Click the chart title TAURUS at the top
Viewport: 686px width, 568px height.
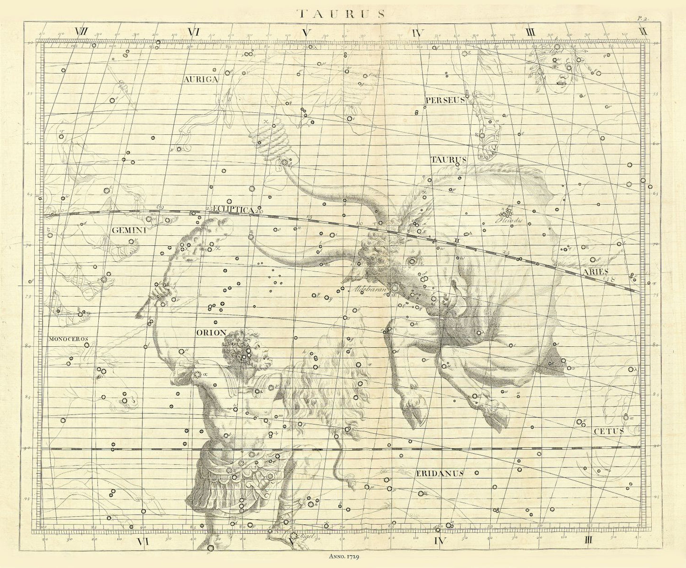(x=340, y=13)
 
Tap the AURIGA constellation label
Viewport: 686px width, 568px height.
(x=201, y=80)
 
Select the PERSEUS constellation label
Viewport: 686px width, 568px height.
(x=444, y=100)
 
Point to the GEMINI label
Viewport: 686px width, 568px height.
(x=128, y=230)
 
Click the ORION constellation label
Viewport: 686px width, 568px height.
(x=211, y=333)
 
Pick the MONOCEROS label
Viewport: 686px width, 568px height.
(x=68, y=339)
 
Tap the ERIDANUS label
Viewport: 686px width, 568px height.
(x=440, y=473)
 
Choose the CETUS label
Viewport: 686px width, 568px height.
(x=609, y=431)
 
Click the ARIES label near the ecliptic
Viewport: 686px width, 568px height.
(x=596, y=271)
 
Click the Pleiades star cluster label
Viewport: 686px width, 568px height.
(x=509, y=221)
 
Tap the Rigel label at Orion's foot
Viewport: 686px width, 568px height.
(x=308, y=535)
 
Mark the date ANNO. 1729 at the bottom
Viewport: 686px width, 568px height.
(x=345, y=555)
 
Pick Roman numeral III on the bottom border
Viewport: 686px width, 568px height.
(x=589, y=540)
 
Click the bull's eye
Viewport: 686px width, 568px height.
(x=411, y=261)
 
